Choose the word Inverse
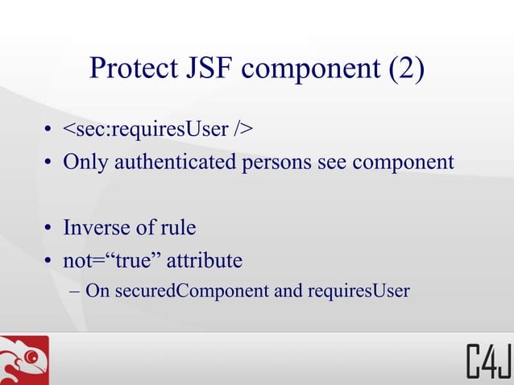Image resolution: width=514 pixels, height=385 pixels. tap(98, 228)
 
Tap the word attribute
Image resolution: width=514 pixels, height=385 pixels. tap(205, 261)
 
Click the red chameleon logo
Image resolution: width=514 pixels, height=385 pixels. tap(24, 360)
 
